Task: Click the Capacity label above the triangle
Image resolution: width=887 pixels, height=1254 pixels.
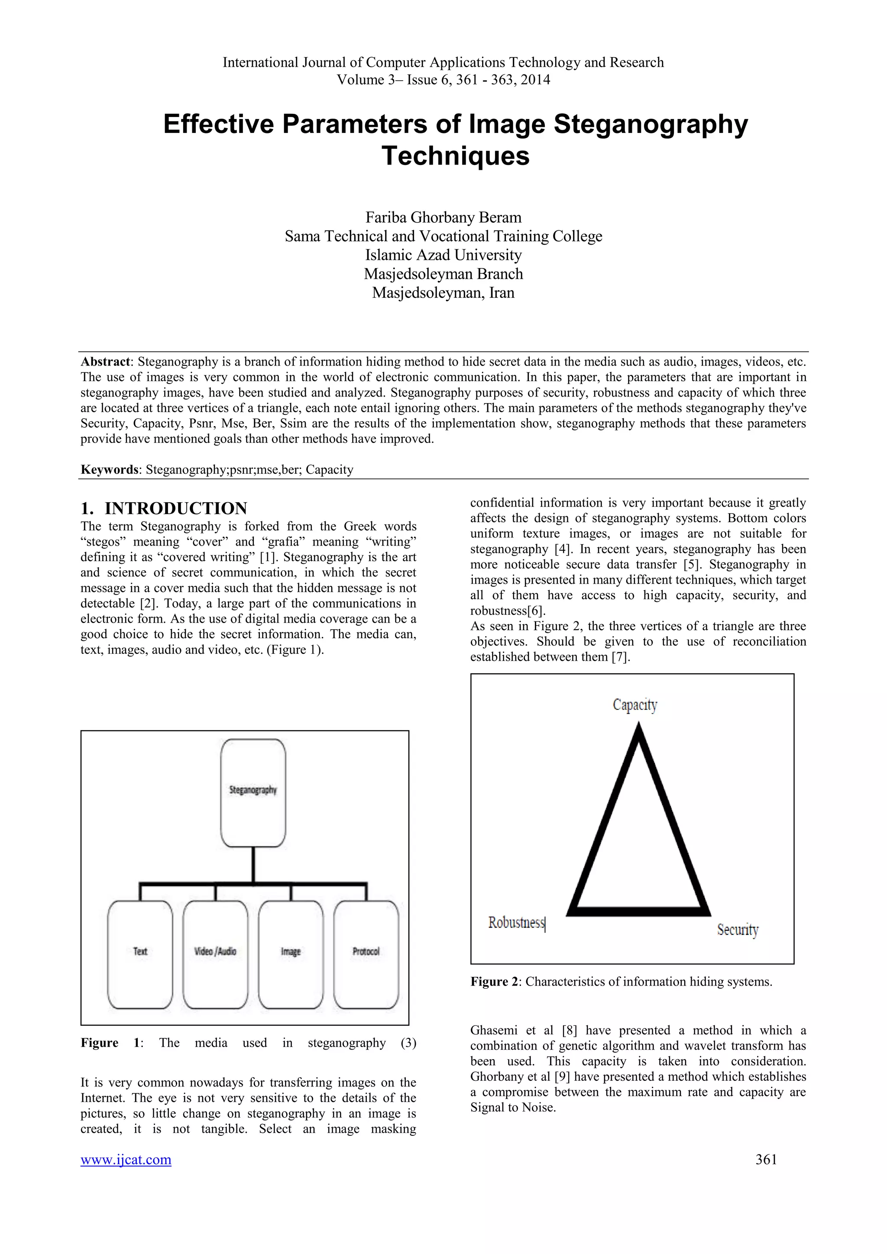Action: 634,705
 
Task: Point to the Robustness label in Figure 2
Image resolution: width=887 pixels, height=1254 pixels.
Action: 516,922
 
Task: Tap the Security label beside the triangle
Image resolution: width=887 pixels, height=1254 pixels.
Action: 737,930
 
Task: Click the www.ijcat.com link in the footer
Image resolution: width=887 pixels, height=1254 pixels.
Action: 126,1159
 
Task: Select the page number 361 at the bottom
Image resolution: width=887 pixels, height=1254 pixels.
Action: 766,1159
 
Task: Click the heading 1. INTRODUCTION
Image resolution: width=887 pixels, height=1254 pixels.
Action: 164,508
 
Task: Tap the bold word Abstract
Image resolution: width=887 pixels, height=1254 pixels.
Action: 105,362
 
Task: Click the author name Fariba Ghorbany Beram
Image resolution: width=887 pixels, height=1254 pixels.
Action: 443,217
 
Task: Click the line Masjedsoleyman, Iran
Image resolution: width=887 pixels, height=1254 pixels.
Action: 443,293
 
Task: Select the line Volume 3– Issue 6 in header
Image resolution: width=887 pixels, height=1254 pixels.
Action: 443,80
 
